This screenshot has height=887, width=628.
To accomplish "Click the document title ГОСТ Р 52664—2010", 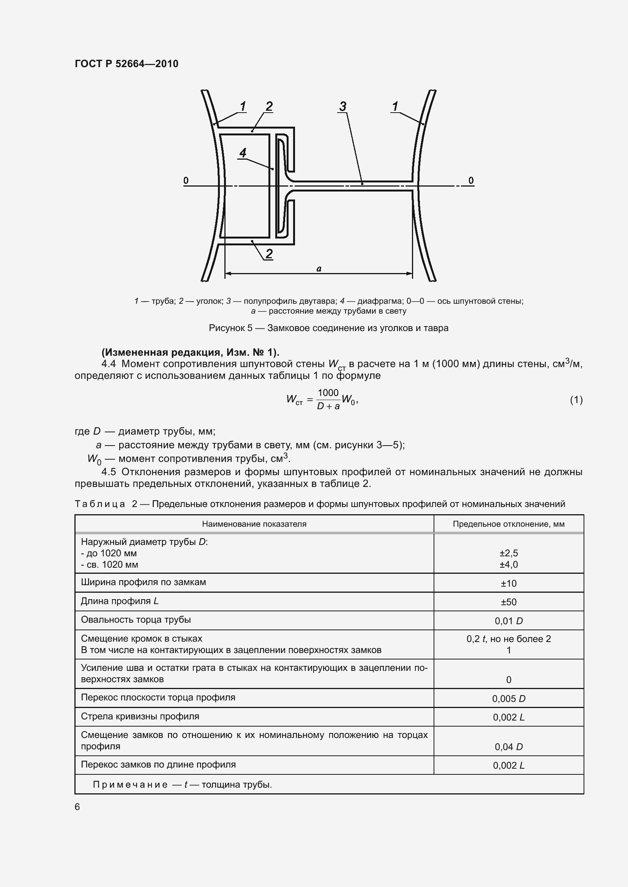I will tap(126, 64).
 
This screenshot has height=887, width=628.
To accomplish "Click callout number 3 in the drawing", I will tap(342, 106).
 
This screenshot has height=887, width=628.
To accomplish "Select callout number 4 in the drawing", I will tap(243, 153).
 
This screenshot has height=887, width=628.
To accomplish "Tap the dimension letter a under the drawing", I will tap(319, 269).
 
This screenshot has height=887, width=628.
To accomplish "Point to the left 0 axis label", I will tap(186, 181).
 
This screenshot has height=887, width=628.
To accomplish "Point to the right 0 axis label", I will tap(470, 181).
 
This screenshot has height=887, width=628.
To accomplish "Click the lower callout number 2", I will tap(269, 254).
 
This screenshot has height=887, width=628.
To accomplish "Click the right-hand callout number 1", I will tap(395, 106).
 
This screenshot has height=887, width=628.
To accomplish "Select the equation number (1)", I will tap(576, 400).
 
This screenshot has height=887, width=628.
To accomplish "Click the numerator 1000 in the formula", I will tap(328, 393).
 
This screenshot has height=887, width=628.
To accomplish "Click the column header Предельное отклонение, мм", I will tap(508, 524).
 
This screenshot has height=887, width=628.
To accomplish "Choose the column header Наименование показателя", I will tap(254, 524).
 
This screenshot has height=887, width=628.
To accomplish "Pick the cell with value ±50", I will tap(508, 602).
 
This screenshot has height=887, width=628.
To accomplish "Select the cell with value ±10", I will tap(508, 583).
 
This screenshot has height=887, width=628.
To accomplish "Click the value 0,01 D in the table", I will tap(508, 621).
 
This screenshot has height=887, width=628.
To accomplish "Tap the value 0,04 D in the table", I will tap(508, 747).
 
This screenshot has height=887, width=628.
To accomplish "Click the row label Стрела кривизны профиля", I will tap(140, 716).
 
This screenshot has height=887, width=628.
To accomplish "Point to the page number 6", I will tap(77, 807).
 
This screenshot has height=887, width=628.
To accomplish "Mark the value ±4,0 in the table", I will tap(508, 564).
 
